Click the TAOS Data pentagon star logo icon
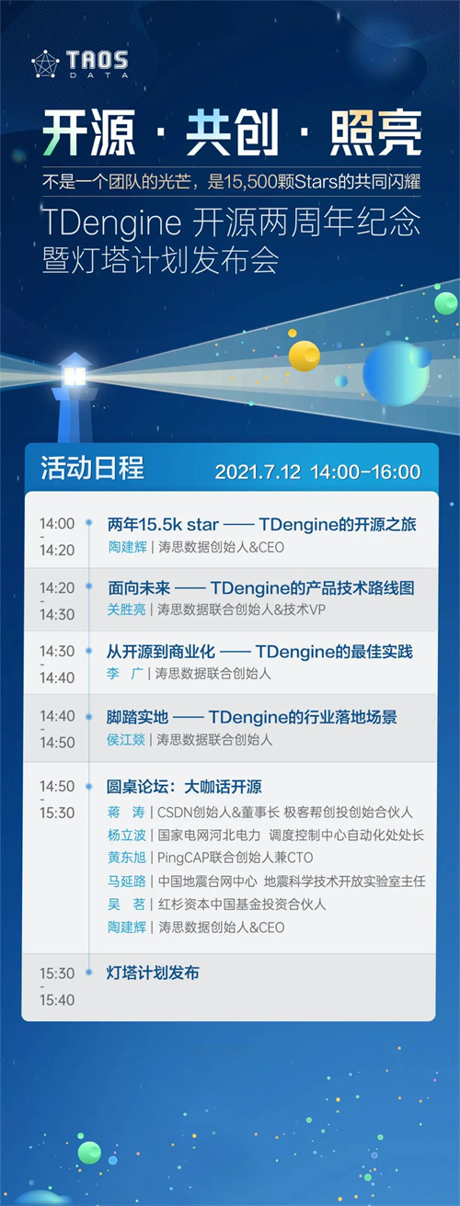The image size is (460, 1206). click(x=45, y=64)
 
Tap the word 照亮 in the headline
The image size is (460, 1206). click(x=375, y=132)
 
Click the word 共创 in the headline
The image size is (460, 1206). click(x=232, y=132)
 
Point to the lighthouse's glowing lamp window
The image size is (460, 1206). click(x=75, y=375)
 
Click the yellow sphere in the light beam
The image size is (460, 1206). click(x=305, y=356)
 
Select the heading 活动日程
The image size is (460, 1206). click(x=93, y=467)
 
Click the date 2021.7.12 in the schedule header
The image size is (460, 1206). click(x=258, y=472)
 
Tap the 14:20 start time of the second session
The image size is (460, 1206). click(x=57, y=587)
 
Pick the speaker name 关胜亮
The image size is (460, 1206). click(x=127, y=609)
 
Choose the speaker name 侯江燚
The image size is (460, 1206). click(x=126, y=740)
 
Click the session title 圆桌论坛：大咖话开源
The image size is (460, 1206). click(x=184, y=787)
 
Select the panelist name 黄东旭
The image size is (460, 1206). click(x=127, y=857)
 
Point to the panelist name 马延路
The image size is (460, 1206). click(x=127, y=881)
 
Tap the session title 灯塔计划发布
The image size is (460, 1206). click(x=153, y=973)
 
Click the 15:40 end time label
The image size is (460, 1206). click(x=57, y=1000)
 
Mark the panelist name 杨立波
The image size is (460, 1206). click(x=127, y=835)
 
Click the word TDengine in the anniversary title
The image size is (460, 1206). click(x=112, y=222)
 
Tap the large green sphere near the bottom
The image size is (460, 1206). click(x=89, y=1153)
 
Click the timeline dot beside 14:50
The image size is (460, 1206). click(x=89, y=786)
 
